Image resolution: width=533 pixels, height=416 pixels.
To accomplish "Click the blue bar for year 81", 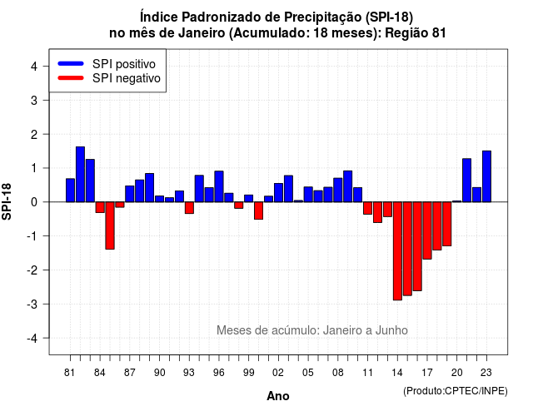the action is click(70, 191).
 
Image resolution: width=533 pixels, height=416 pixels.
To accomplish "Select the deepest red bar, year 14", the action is click(397, 251).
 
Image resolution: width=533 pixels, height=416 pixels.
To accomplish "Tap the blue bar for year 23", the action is click(486, 176).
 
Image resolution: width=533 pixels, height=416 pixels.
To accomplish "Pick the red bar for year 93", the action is click(189, 207).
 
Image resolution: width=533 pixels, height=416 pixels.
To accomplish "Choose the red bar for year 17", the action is click(427, 230).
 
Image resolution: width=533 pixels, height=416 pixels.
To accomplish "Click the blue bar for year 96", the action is click(219, 186).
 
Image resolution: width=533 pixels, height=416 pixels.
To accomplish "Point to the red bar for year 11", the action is click(368, 208).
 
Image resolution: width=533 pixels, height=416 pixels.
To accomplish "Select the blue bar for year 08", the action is click(338, 190).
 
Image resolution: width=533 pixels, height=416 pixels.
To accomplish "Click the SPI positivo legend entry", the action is click(107, 64).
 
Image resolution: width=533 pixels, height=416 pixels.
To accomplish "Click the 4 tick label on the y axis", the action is click(34, 66).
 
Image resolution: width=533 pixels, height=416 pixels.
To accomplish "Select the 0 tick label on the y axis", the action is click(34, 202).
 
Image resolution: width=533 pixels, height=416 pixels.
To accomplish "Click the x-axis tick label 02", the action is click(278, 373).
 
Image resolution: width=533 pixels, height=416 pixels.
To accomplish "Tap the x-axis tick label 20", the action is click(457, 373).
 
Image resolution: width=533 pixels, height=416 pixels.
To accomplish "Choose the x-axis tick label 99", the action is click(248, 373).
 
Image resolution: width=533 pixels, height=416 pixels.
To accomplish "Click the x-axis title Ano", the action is click(278, 396).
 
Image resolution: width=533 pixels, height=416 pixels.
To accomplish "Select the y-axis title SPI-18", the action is click(7, 201).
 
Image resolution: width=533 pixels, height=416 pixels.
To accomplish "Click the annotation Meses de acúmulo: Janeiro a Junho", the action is click(312, 330).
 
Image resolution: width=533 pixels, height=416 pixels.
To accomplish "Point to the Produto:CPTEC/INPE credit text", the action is click(456, 391).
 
